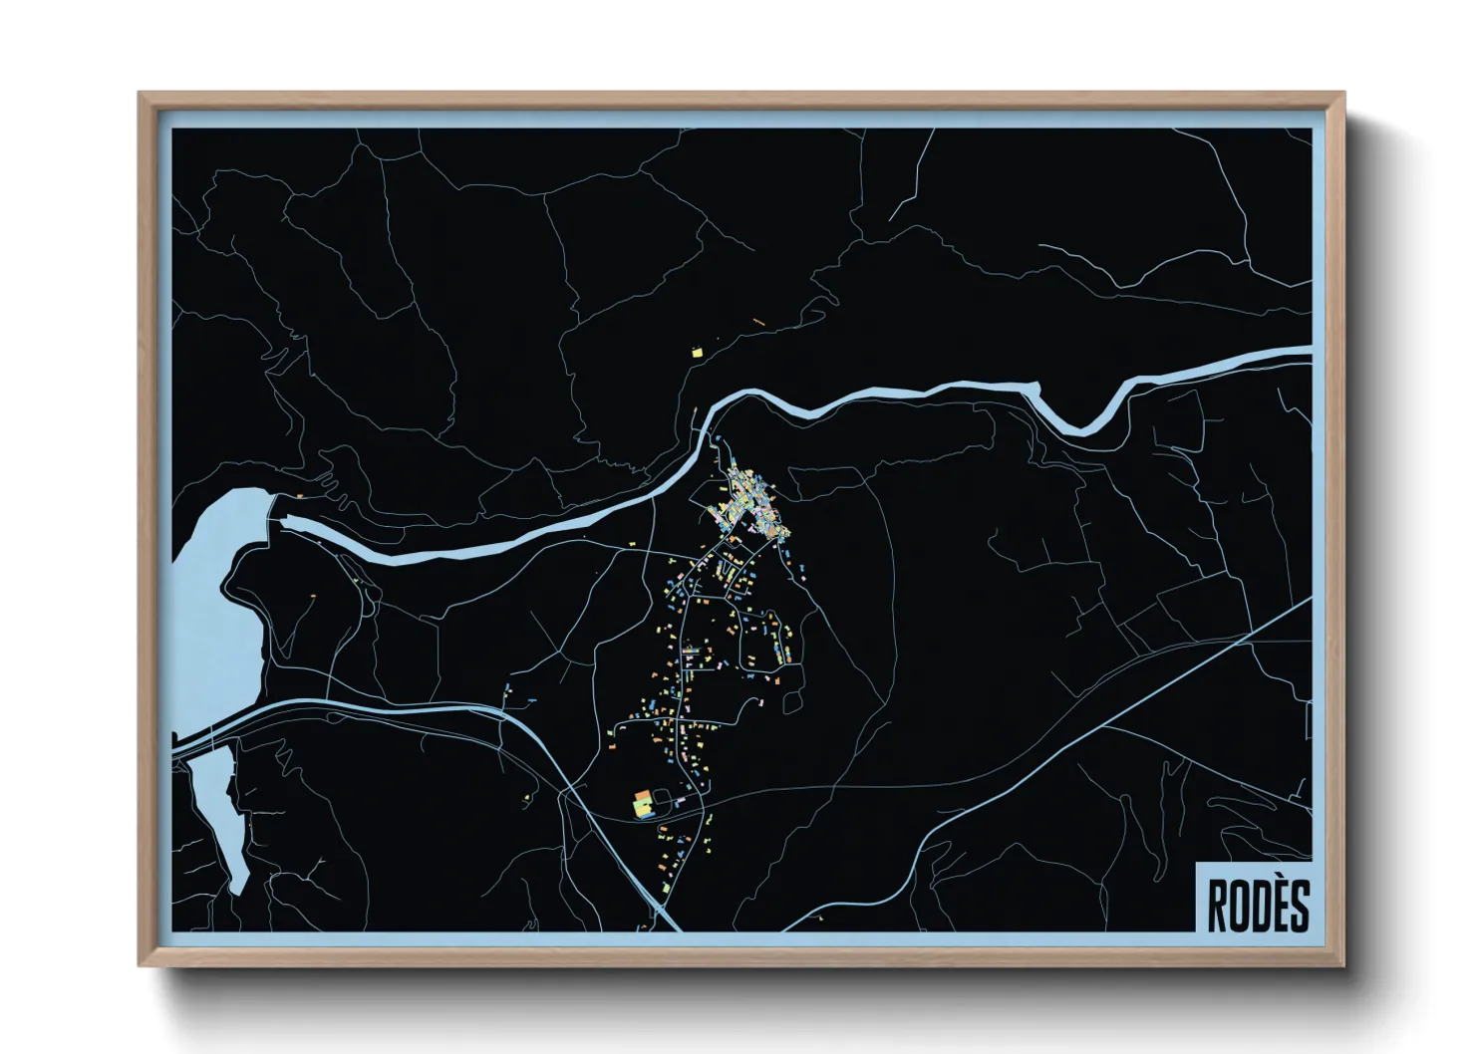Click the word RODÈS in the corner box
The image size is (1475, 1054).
click(x=1258, y=905)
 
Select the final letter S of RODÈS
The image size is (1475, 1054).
click(x=1298, y=906)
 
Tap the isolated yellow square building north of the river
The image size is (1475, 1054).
click(x=697, y=351)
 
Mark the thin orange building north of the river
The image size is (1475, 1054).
click(x=758, y=321)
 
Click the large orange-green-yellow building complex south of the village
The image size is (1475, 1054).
click(x=643, y=803)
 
